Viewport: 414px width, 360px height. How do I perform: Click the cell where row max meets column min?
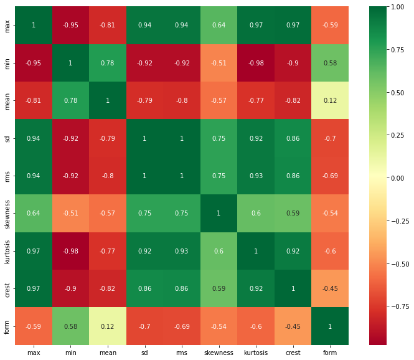(70, 25)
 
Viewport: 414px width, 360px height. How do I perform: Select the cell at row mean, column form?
(330, 100)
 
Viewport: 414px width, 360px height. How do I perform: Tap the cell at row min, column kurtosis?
(256, 63)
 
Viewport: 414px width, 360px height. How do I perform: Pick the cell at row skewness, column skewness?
(219, 213)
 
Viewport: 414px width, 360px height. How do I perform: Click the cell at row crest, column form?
(330, 288)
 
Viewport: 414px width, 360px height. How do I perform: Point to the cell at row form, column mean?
(108, 326)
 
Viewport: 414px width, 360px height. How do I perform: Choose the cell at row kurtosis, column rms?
(182, 251)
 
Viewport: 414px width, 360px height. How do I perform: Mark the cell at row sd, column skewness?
(219, 138)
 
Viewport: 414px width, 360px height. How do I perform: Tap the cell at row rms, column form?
(330, 176)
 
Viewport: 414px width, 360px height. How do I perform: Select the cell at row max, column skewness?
(219, 25)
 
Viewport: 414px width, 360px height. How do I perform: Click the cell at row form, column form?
(330, 326)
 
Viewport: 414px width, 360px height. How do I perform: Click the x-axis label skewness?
(219, 353)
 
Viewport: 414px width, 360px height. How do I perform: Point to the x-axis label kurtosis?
(256, 353)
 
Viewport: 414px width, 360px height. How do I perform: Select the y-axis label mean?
(7, 101)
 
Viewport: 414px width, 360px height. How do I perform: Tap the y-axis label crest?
(7, 290)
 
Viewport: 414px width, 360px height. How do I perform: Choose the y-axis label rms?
(7, 176)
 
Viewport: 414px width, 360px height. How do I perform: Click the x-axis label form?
(330, 353)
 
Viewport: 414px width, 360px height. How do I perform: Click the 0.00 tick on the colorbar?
(397, 178)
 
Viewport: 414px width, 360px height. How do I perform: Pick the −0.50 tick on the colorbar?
(400, 264)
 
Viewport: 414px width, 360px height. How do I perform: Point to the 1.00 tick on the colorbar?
(397, 7)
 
